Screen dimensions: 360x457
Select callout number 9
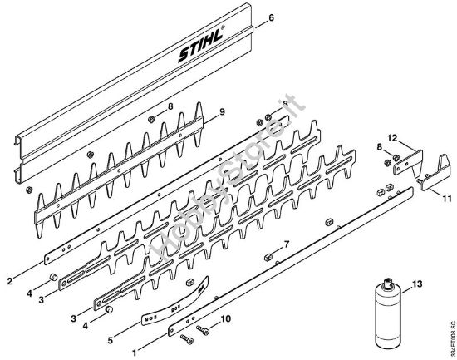222,112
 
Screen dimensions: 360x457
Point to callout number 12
396,136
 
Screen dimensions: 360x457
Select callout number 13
417,284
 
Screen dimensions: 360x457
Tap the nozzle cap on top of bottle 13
384,285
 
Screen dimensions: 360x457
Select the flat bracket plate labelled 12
406,162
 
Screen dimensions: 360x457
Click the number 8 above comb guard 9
170,106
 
